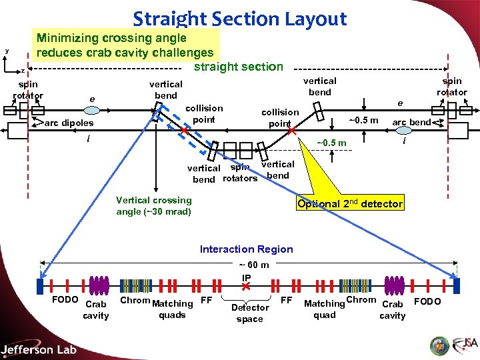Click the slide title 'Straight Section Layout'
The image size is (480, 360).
pyautogui.click(x=240, y=19)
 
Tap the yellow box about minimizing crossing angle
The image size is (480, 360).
pyautogui.click(x=125, y=45)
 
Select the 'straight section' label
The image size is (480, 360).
pyautogui.click(x=238, y=67)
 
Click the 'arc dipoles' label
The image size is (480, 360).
pyautogui.click(x=69, y=123)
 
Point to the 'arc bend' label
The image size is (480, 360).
pyautogui.click(x=411, y=122)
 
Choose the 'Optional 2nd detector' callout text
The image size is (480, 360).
pyautogui.click(x=350, y=204)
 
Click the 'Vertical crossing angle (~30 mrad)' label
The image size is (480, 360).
pyautogui.click(x=153, y=206)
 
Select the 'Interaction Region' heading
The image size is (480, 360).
pyautogui.click(x=246, y=249)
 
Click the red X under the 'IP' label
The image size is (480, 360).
pyautogui.click(x=246, y=286)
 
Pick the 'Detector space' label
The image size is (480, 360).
pyautogui.click(x=249, y=313)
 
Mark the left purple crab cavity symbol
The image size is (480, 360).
pyautogui.click(x=99, y=285)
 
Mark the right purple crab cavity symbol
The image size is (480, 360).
pyautogui.click(x=395, y=285)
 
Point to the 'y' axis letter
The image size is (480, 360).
pyautogui.click(x=7, y=51)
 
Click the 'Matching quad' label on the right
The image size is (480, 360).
pyautogui.click(x=324, y=309)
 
